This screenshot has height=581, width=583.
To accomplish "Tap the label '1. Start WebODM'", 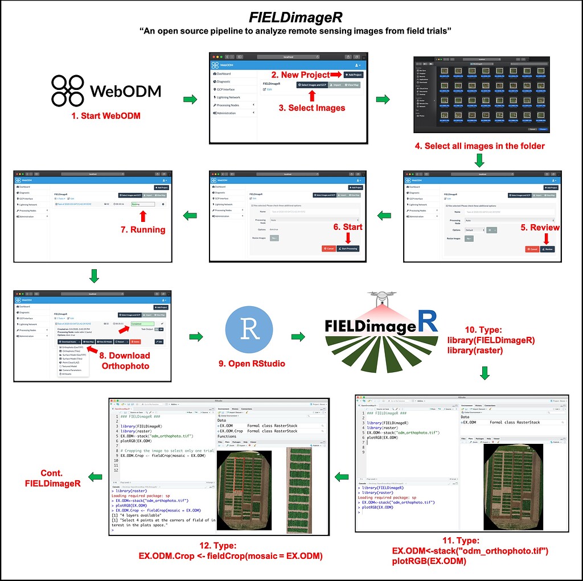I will coord(106,117).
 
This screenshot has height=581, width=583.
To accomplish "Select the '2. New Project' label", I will coord(300,75).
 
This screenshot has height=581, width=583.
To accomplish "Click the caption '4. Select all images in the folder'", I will coord(479,146).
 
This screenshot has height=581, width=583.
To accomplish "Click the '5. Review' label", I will coord(540,227).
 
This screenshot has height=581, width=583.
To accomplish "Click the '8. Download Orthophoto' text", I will coord(126,360).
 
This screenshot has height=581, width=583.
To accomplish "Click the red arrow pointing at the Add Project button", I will coord(336,75).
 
